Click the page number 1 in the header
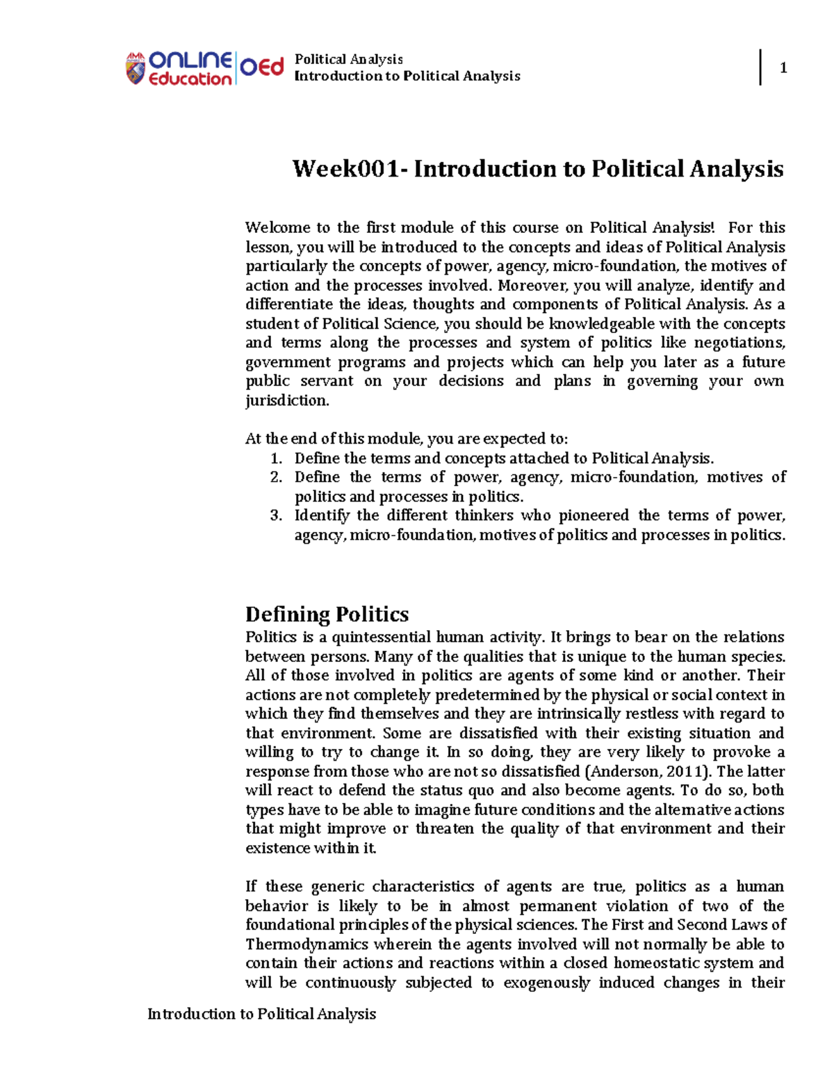click(783, 67)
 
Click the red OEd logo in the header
click(262, 67)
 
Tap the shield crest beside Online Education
click(135, 69)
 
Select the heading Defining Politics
click(327, 614)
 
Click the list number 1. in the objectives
click(276, 458)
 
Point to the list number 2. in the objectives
click(276, 477)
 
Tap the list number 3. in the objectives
click(276, 515)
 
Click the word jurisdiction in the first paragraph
click(286, 401)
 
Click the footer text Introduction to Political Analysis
click(261, 1014)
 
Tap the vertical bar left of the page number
click(760, 67)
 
